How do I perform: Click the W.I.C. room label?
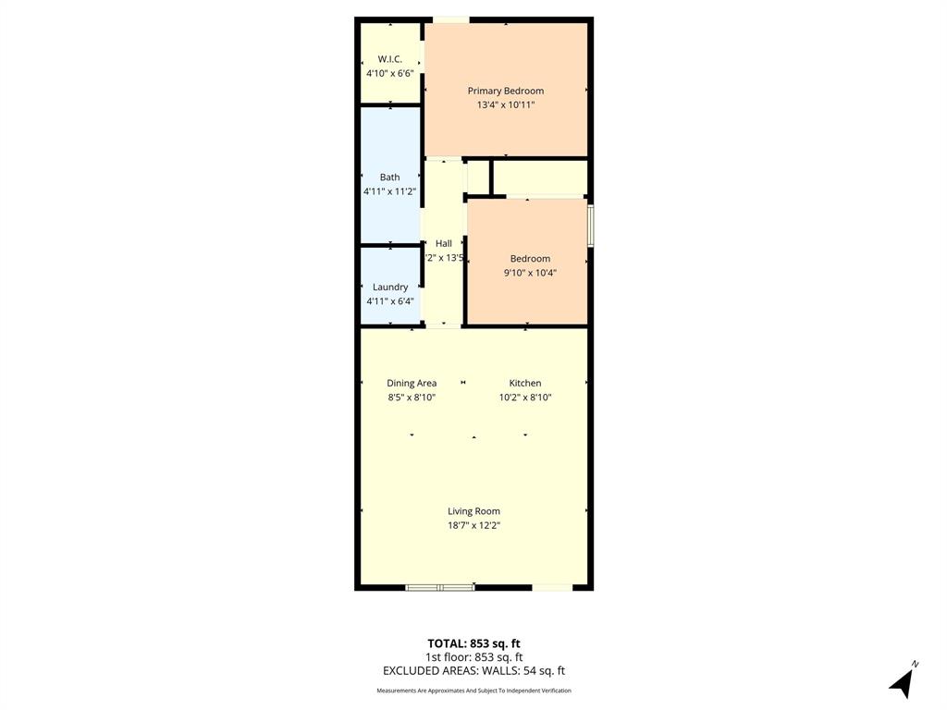389,58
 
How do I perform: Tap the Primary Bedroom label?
505,91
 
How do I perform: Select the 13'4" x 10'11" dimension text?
505,105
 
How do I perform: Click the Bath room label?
389,177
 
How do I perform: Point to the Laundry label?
389,287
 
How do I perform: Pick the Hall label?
444,243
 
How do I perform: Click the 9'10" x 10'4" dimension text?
530,273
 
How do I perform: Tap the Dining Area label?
412,383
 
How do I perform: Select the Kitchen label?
525,383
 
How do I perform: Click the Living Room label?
473,510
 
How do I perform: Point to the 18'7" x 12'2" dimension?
473,525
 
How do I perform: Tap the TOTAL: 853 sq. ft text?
473,643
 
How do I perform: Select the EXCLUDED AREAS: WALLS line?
473,671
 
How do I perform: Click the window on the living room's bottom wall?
440,586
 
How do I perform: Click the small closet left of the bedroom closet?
477,177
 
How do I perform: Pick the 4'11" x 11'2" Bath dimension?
389,191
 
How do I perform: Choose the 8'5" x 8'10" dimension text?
412,398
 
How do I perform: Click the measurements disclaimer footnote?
473,691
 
